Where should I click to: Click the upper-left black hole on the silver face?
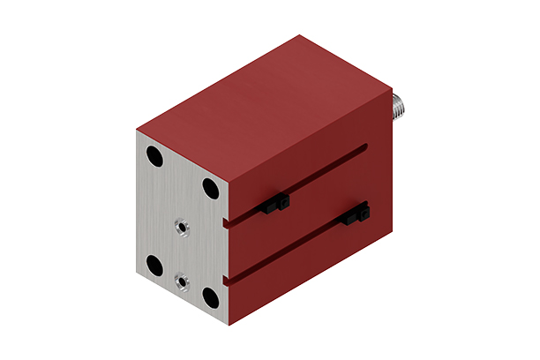click(154, 159)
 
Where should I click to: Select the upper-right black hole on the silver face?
click(210, 188)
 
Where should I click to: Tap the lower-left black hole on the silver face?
click(154, 264)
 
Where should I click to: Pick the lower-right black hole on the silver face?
click(210, 295)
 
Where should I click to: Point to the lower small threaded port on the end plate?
click(182, 282)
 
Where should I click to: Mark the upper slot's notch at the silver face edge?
click(229, 221)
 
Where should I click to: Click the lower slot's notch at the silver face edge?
click(229, 280)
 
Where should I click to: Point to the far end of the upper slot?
click(364, 151)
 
